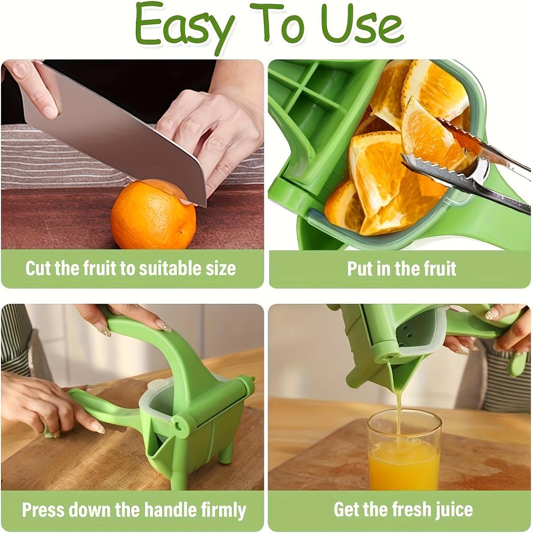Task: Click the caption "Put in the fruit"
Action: click(401, 269)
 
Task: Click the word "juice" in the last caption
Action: click(454, 509)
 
